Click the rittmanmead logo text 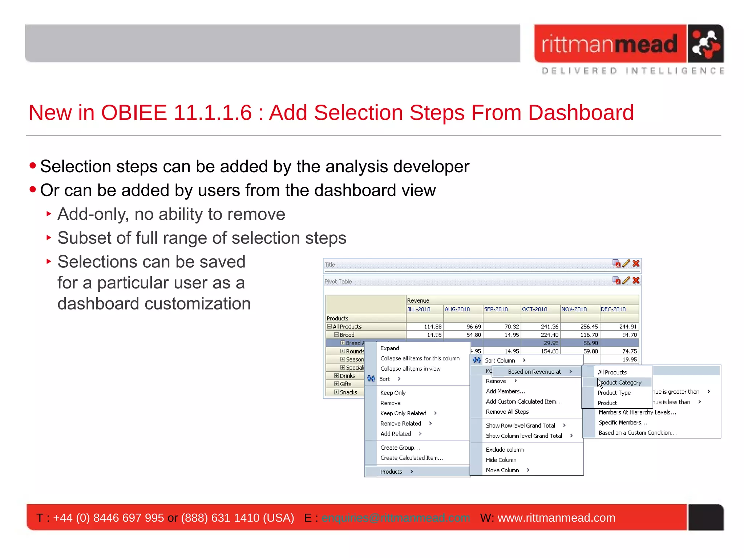pyautogui.click(x=610, y=44)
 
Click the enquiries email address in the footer pyautogui.click(x=396, y=518)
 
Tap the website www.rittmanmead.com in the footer pyautogui.click(x=556, y=518)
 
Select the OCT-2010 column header pyautogui.click(x=534, y=309)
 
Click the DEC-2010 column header pyautogui.click(x=613, y=309)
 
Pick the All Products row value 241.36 pyautogui.click(x=549, y=327)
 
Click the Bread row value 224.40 pyautogui.click(x=549, y=335)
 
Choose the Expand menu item pyautogui.click(x=389, y=348)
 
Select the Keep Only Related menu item pyautogui.click(x=403, y=413)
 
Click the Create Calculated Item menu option pyautogui.click(x=412, y=458)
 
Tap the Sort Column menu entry pyautogui.click(x=500, y=360)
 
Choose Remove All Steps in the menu pyautogui.click(x=507, y=412)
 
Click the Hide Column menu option pyautogui.click(x=501, y=460)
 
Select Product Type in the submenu pyautogui.click(x=614, y=393)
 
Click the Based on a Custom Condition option pyautogui.click(x=637, y=433)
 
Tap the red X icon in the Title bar pyautogui.click(x=636, y=264)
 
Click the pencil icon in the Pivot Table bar pyautogui.click(x=626, y=280)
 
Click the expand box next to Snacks pyautogui.click(x=336, y=392)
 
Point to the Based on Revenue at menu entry pyautogui.click(x=534, y=372)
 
